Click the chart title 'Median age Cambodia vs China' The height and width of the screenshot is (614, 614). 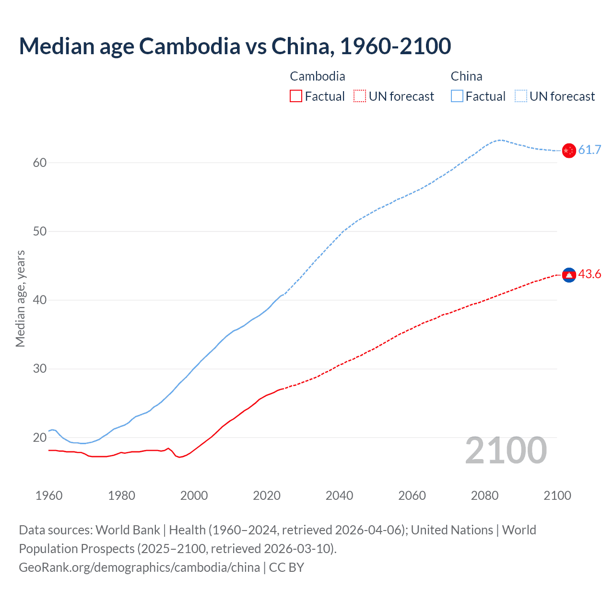pos(235,46)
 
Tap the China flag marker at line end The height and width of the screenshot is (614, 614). pos(568,151)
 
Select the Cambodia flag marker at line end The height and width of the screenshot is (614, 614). pos(568,275)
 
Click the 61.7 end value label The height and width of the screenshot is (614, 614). pos(590,150)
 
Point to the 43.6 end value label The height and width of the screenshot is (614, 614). pos(590,274)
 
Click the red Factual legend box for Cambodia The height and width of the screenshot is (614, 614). pos(296,96)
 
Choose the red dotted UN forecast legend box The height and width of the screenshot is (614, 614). pos(360,96)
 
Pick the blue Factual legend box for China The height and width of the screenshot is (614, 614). pos(457,96)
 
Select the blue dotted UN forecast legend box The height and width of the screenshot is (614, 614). pos(520,96)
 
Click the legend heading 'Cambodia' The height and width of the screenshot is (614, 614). pos(317,76)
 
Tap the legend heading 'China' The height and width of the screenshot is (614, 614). pos(466,76)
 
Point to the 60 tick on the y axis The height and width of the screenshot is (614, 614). pos(40,163)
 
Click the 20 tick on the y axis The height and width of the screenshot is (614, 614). pos(40,437)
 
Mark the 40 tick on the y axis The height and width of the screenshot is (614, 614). pos(40,300)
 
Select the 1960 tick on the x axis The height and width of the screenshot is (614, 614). pos(49,496)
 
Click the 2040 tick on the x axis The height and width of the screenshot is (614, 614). pos(339,496)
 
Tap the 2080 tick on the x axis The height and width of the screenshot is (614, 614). pos(484,496)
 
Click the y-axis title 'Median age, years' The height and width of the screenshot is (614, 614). pos(20,298)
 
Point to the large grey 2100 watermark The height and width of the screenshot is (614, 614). pos(506,450)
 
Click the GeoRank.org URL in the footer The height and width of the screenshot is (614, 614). pos(139,567)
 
